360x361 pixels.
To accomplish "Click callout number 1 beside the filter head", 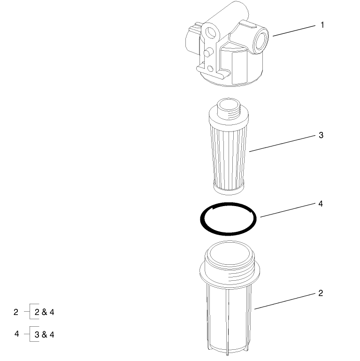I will [322, 25].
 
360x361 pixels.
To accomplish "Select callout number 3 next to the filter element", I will [321, 135].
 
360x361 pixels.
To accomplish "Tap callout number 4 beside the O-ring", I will [321, 204].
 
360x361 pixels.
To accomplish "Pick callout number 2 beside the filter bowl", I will [321, 293].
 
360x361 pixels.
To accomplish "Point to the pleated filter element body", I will [230, 150].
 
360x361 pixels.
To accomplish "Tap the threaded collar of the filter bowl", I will [230, 270].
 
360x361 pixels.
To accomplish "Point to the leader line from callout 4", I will [286, 210].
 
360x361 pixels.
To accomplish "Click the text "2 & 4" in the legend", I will [45, 312].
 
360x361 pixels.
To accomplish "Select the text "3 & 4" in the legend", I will [45, 334].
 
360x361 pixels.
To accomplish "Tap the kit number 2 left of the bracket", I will [16, 312].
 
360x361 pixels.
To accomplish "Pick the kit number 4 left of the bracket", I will [16, 334].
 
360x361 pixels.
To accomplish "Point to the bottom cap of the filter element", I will [229, 188].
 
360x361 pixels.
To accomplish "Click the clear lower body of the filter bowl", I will [230, 319].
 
